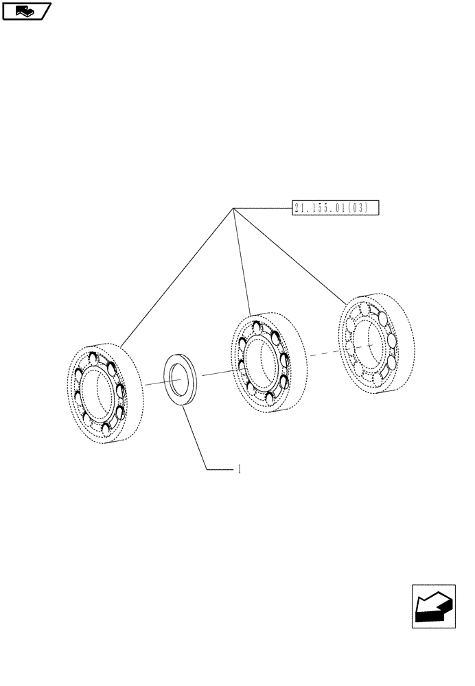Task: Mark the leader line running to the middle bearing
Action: pos(242,261)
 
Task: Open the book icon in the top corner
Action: pos(26,10)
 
